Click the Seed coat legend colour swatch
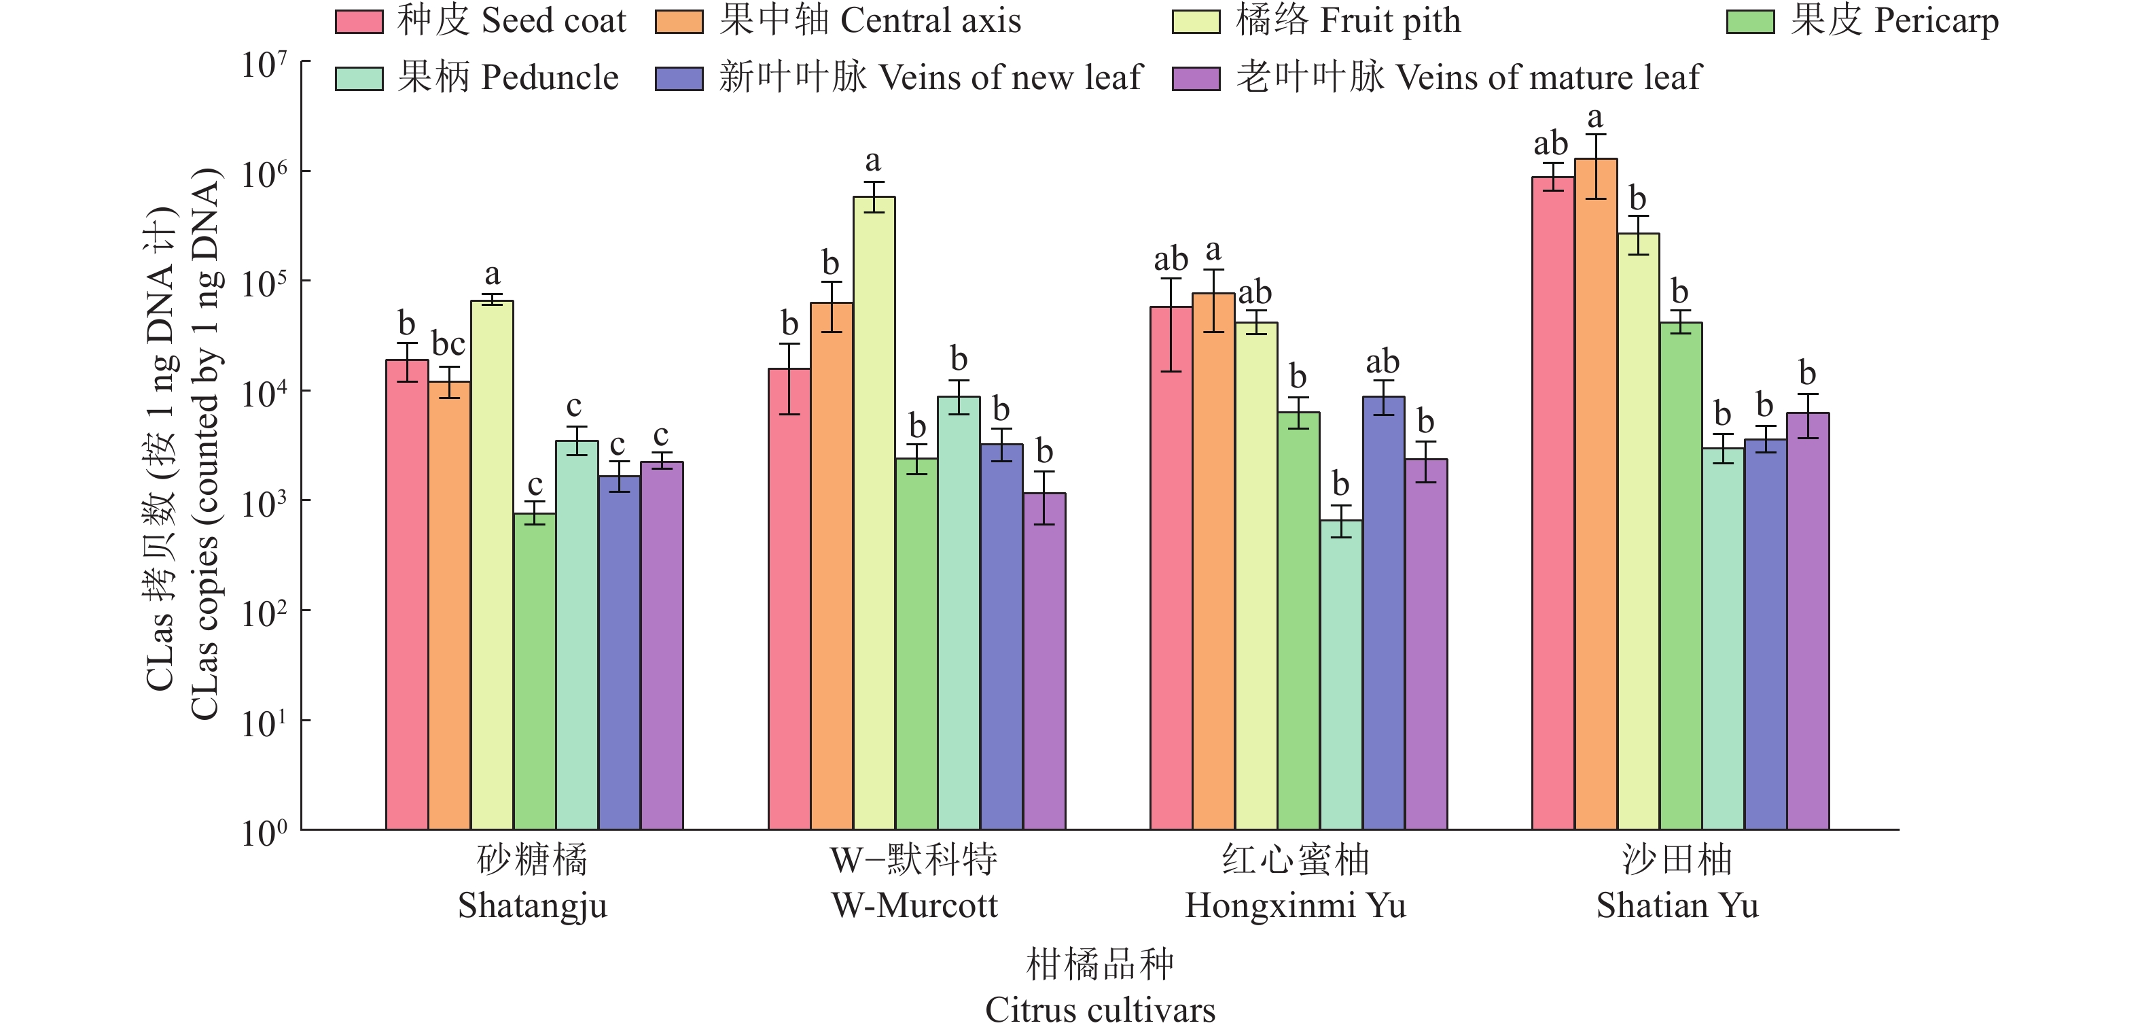point(359,22)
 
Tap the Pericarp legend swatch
point(1749,22)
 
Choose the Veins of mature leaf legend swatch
point(1196,79)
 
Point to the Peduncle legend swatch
point(359,79)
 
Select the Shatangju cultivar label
point(533,905)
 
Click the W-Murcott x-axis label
point(914,905)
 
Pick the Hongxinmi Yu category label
point(1295,905)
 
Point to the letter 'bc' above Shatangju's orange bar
point(448,344)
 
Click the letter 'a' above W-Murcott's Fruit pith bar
point(872,160)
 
